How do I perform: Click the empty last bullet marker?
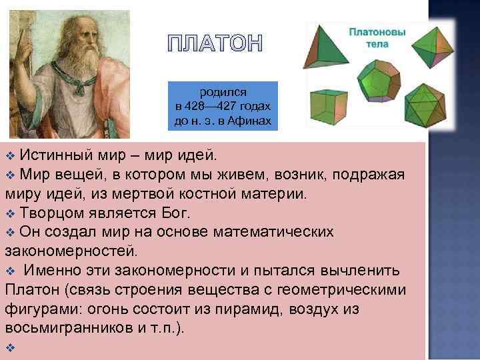9,349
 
